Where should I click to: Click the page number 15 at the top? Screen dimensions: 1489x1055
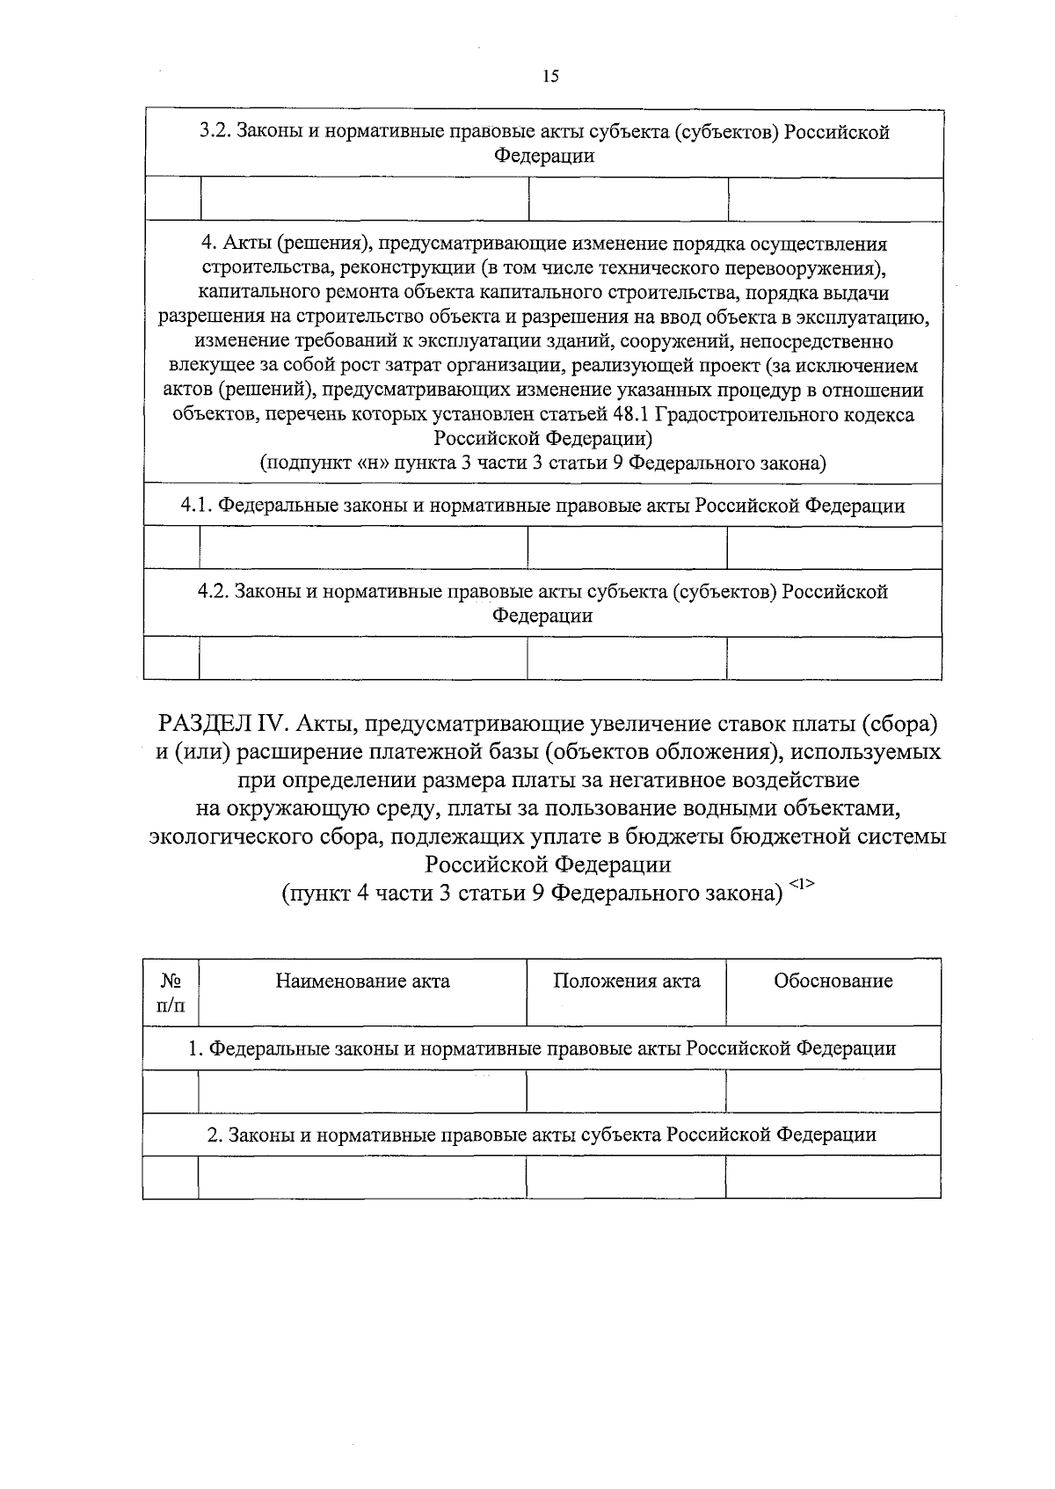tap(550, 77)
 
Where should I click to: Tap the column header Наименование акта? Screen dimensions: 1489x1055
tap(362, 982)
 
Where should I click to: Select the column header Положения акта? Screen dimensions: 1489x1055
tap(626, 982)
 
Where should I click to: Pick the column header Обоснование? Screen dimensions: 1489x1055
tap(833, 982)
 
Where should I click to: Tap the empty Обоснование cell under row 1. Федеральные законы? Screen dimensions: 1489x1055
tap(833, 1091)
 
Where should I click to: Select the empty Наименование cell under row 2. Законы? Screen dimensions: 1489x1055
tap(362, 1177)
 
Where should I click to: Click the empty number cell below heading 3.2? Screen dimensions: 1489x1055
tap(172, 199)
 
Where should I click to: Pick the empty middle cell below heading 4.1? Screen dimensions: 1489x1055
tap(627, 548)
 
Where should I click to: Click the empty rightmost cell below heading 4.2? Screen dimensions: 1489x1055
tap(833, 658)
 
